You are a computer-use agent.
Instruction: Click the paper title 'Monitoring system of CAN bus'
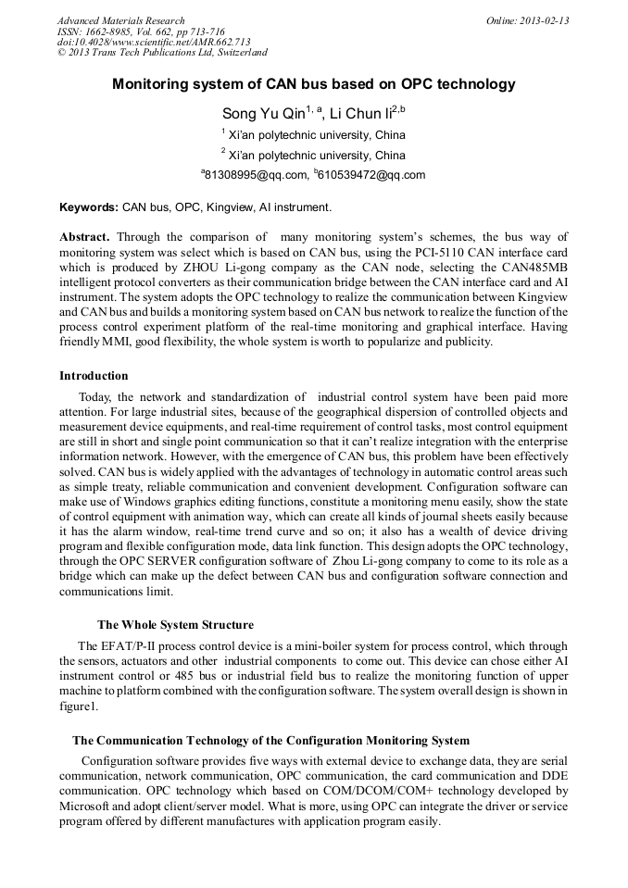click(313, 84)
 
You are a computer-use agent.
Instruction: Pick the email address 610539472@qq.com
click(371, 174)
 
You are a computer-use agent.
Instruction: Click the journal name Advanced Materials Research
click(120, 20)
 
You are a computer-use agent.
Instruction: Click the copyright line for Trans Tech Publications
click(162, 52)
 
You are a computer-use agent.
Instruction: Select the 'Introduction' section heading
click(94, 376)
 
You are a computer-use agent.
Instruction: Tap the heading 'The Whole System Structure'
click(175, 625)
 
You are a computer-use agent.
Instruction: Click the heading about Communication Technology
click(270, 741)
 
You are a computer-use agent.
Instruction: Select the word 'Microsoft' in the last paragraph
click(85, 807)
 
